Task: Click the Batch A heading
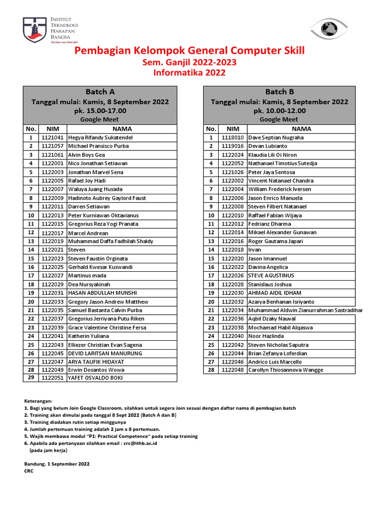pos(100,91)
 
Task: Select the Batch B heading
pos(279,91)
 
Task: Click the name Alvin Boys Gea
pos(86,155)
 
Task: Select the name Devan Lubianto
pos(267,146)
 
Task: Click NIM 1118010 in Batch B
pos(232,138)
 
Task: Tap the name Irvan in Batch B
pos(255,250)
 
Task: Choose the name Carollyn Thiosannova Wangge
pos(286,369)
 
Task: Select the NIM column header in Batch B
pos(232,129)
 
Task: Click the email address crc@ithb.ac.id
pos(138,443)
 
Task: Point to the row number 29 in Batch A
pos(31,377)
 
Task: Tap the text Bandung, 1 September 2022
pos(57,464)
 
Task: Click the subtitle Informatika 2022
pos(189,73)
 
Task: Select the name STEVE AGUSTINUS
pos(271,276)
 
